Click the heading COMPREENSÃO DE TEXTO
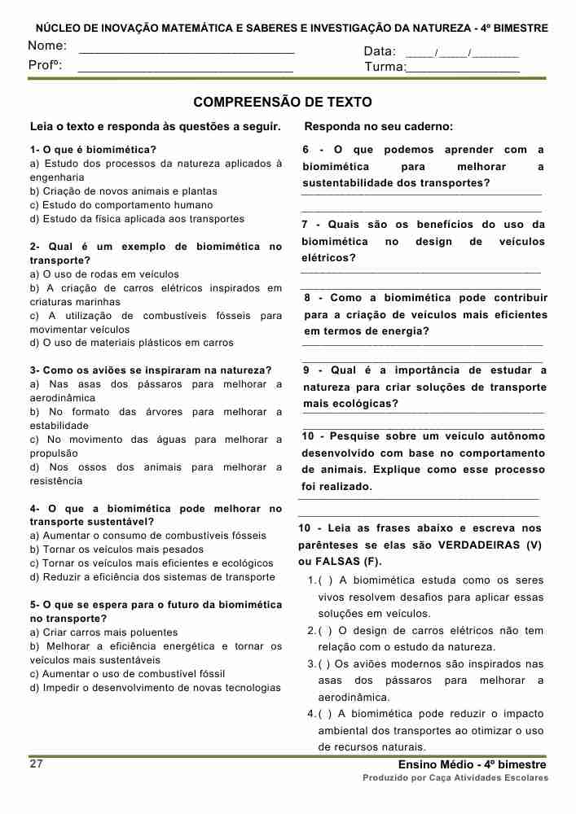283,103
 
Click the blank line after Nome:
186,51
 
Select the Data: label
380,52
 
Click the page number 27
37,764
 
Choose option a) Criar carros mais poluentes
103,632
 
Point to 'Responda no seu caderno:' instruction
378,127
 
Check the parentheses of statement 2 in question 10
324,631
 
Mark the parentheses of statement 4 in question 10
324,714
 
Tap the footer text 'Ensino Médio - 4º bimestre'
473,765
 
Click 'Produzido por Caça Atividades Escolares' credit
455,778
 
